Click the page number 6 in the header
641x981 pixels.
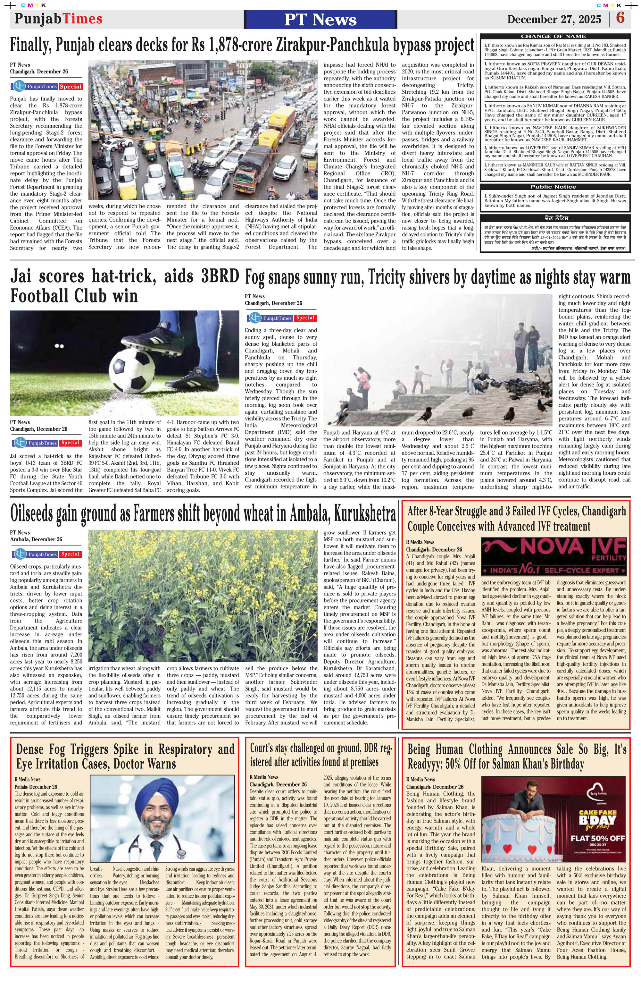click(620, 18)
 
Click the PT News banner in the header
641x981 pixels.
click(320, 19)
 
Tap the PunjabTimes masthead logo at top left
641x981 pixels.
click(58, 19)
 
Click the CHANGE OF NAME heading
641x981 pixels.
click(553, 36)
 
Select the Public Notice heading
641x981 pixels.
click(553, 187)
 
